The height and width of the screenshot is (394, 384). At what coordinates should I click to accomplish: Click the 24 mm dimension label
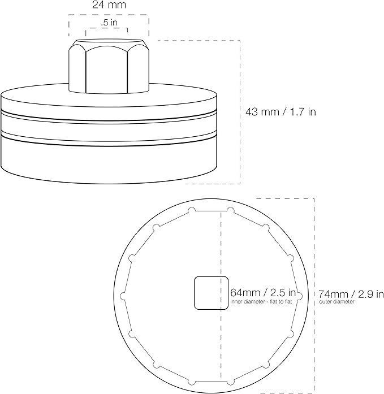click(109, 5)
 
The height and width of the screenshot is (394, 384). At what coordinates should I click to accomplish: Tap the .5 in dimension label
click(109, 23)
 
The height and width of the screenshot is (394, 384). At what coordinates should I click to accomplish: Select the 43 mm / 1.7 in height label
click(281, 111)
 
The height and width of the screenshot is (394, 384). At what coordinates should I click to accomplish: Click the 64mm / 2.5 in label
click(263, 293)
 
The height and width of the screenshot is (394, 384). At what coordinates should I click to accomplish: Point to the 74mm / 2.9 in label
click(351, 294)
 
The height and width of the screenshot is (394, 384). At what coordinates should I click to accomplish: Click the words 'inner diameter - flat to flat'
click(261, 301)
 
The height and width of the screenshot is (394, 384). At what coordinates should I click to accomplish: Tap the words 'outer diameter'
click(336, 301)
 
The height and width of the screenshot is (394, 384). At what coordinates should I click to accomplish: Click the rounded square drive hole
click(212, 293)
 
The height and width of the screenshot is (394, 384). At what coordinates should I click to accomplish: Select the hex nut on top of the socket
click(109, 66)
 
